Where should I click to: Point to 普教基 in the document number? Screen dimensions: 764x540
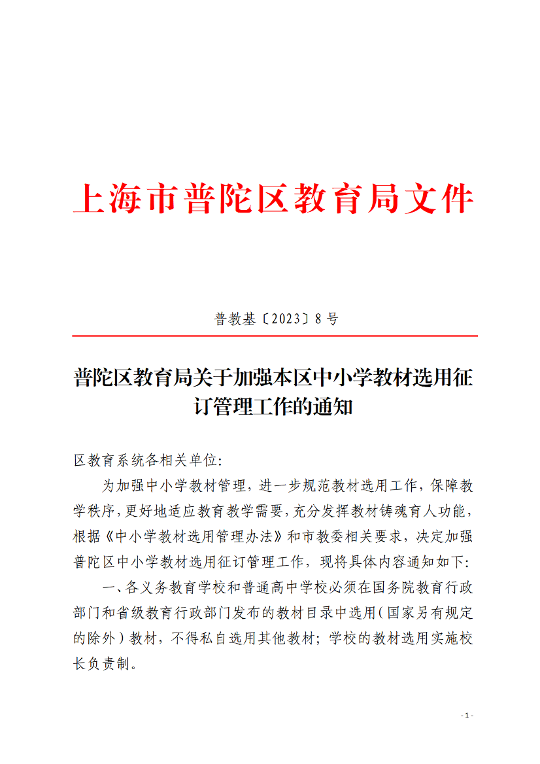tap(236, 319)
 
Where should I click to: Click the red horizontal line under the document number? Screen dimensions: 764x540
tap(275, 336)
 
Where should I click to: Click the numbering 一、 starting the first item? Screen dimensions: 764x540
tap(112, 587)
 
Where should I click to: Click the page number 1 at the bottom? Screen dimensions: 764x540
tap(467, 715)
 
